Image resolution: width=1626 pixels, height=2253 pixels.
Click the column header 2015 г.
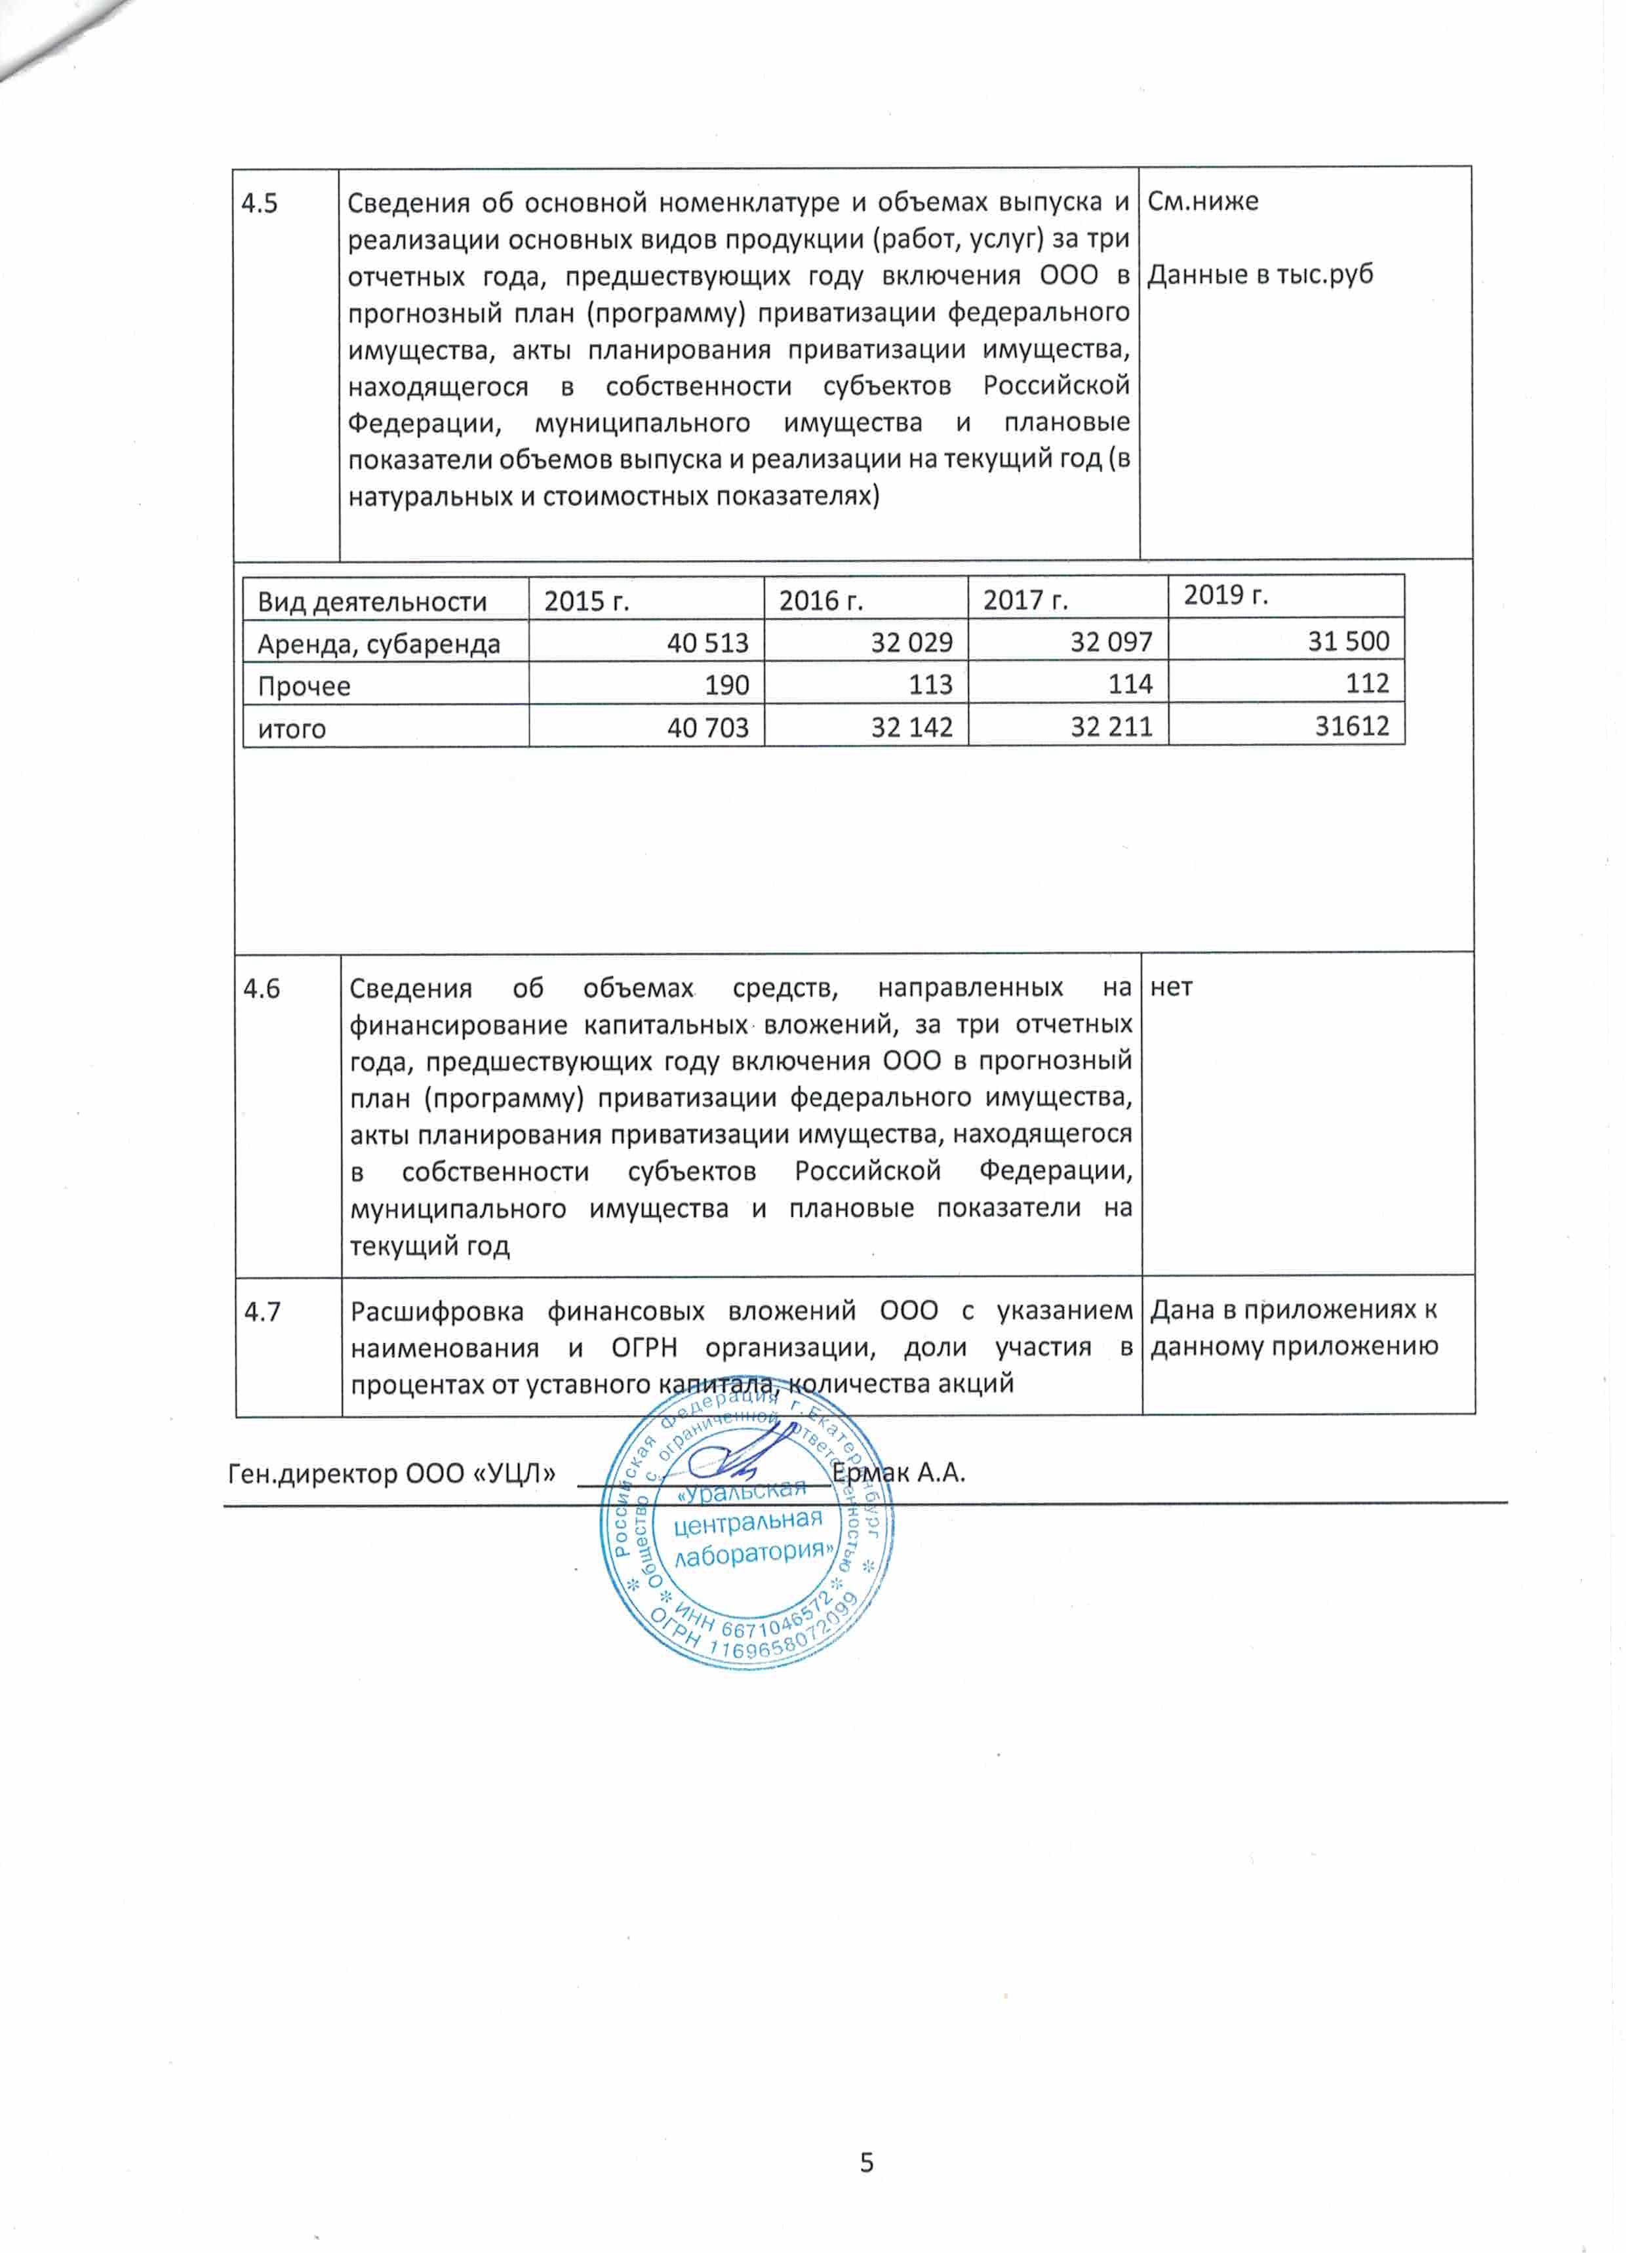(587, 602)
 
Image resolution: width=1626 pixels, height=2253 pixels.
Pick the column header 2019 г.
(1225, 595)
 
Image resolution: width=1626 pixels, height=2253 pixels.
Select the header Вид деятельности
(372, 602)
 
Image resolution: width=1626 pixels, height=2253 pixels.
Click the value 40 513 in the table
(707, 643)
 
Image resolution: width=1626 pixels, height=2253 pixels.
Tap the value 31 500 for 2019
(1348, 641)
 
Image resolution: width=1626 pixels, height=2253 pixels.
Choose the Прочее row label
(304, 687)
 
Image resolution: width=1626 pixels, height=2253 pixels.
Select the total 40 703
(707, 728)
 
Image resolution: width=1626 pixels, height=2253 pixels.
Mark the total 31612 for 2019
(1352, 726)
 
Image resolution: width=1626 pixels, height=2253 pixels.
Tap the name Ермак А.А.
(899, 1472)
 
